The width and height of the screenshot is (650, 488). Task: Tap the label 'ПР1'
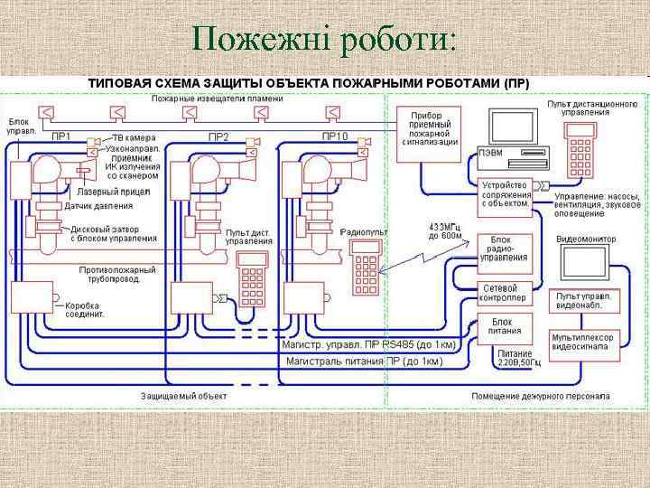pos(61,136)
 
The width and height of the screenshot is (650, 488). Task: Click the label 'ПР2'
pos(218,136)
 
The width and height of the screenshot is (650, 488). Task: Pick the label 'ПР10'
pos(333,136)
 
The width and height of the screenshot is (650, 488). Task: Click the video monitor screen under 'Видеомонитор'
pos(585,263)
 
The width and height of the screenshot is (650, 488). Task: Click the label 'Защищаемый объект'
pos(184,396)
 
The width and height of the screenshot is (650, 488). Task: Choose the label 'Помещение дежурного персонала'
pos(540,396)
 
